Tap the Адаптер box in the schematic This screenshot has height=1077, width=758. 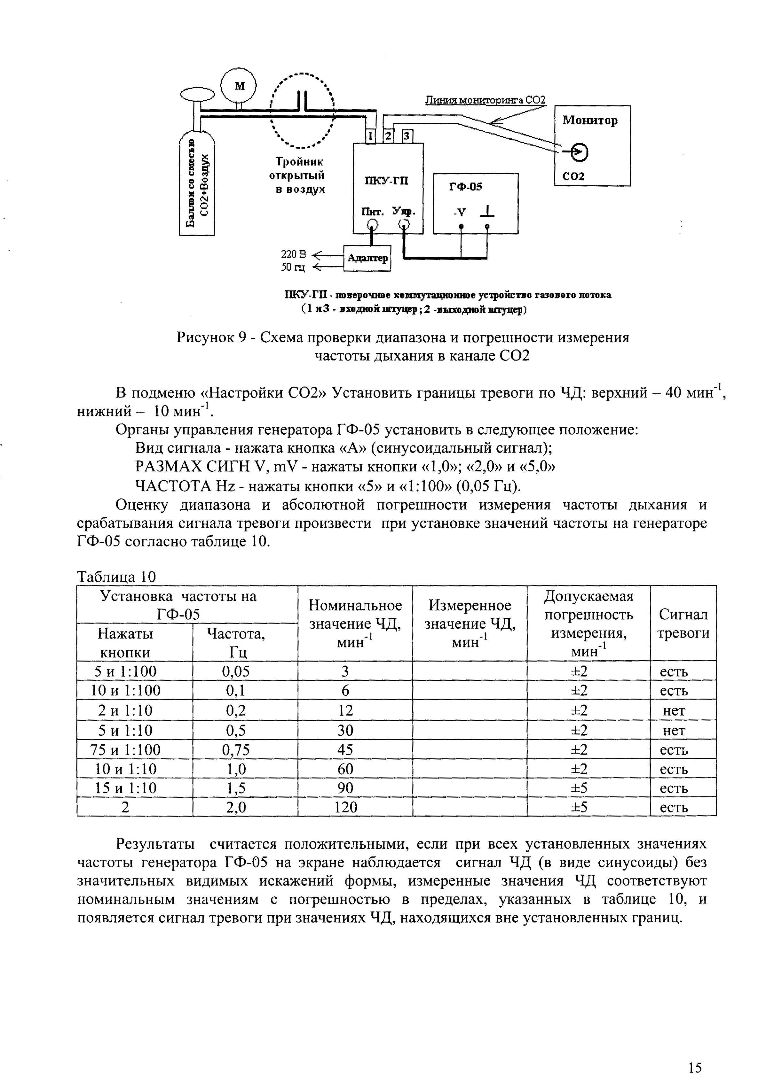pos(367,258)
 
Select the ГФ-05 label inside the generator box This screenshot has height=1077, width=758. pos(465,187)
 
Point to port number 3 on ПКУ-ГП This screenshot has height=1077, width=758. pos(407,136)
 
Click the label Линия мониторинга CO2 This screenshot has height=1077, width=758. pos(485,100)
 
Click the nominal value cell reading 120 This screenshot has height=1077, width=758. pos(345,807)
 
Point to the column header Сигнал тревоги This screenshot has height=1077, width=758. pos(683,624)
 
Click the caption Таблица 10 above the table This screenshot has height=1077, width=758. pos(116,577)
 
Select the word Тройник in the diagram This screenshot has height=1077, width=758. pos(299,162)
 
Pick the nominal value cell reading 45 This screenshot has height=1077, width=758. pos(345,749)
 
